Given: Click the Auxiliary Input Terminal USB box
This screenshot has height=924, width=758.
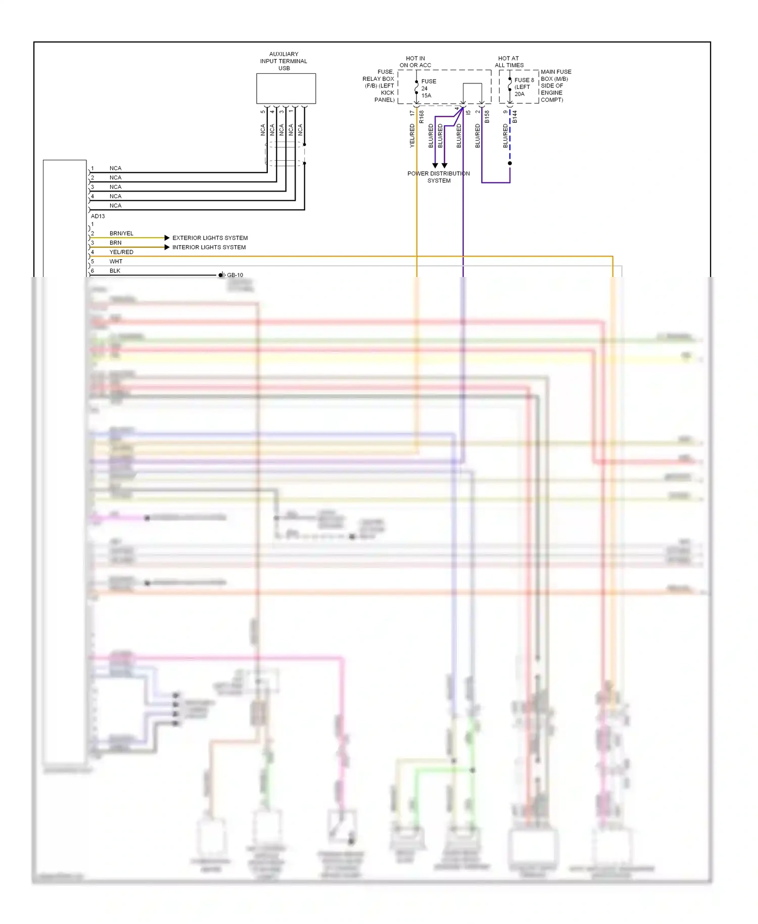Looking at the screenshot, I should (286, 88).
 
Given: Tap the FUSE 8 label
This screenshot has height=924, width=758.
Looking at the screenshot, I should (524, 80).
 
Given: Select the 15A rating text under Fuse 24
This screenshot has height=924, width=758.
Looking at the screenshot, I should (426, 96).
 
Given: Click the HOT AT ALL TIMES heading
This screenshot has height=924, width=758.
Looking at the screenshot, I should (509, 62).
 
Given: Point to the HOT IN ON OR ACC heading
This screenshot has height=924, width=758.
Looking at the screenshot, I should (415, 62).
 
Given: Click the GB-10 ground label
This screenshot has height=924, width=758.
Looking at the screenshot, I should (234, 275).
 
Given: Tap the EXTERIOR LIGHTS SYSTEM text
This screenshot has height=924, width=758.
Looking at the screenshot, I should (210, 238).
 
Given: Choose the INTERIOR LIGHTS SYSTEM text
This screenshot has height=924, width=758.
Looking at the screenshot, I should (209, 247).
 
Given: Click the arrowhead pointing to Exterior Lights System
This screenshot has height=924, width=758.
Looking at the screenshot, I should (167, 238).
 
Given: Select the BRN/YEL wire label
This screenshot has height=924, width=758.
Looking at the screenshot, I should (121, 234).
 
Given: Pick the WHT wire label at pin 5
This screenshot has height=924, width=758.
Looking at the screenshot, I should (116, 261).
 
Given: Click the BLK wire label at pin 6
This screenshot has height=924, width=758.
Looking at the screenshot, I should (115, 271).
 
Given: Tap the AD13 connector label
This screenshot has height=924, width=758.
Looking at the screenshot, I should (98, 216).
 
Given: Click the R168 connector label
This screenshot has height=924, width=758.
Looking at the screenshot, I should (421, 117).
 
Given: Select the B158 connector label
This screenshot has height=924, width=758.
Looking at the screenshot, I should (487, 117).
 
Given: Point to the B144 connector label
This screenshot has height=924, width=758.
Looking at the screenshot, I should (515, 117).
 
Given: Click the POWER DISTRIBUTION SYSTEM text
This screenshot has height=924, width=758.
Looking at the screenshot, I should (439, 177).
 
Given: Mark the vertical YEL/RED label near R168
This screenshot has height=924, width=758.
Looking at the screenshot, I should (412, 135).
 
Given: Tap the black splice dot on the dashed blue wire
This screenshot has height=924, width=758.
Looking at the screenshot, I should (510, 163).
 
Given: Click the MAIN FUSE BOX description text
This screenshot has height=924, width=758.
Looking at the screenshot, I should (555, 85).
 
